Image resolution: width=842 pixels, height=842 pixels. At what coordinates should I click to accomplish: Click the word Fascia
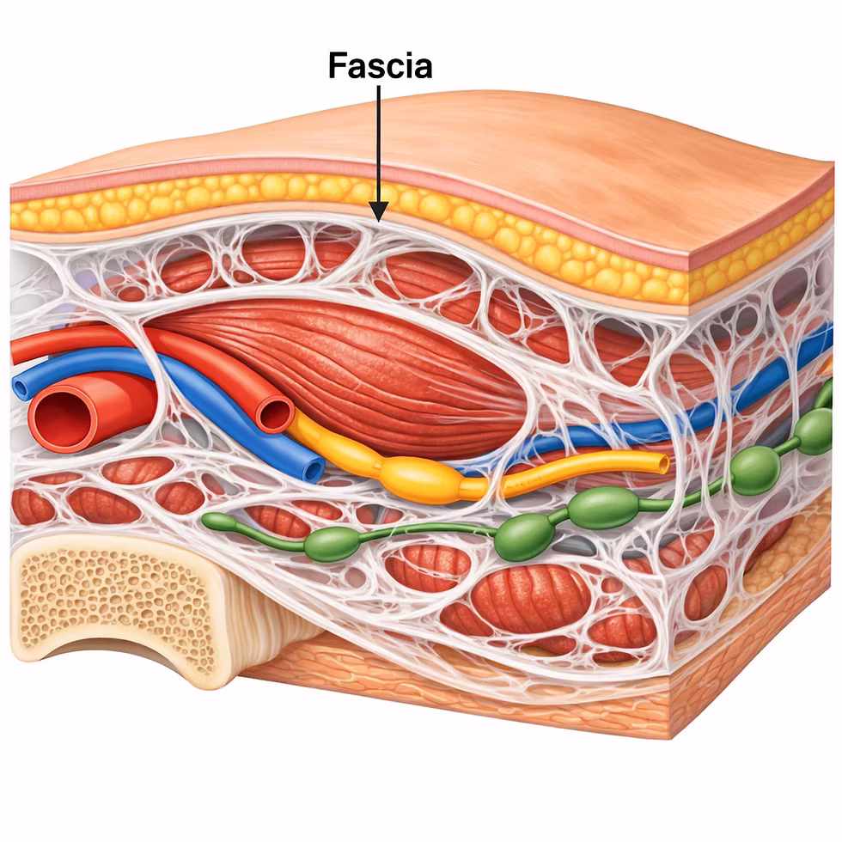point(380,65)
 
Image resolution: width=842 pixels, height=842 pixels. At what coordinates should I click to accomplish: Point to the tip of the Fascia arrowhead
point(379,222)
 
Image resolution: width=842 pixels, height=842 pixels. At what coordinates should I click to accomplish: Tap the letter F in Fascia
point(338,65)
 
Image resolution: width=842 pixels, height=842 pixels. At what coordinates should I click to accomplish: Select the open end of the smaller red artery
point(275,414)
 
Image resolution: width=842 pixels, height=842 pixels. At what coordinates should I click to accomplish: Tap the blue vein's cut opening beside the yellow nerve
point(313,469)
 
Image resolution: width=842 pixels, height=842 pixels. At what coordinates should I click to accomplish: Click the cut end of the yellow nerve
point(663,463)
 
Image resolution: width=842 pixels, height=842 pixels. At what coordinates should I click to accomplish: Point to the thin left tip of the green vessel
point(207,519)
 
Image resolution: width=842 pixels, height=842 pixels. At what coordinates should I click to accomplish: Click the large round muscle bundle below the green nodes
point(529,598)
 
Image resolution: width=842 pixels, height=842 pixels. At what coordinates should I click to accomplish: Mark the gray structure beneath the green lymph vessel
point(575,546)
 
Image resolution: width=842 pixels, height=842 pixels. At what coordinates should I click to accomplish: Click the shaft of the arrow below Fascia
point(379,144)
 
